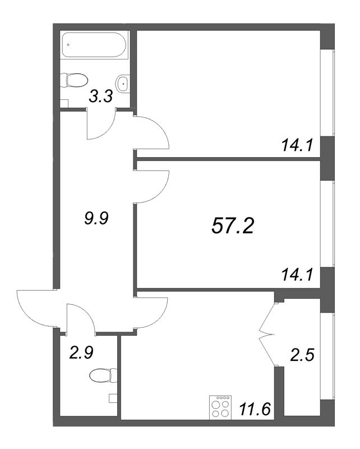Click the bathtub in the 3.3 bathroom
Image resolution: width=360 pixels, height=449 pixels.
[x=94, y=45]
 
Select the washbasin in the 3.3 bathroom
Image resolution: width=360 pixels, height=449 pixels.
[x=123, y=84]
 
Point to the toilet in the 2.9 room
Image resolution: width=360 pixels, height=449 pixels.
[x=103, y=375]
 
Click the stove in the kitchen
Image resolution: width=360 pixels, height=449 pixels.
[x=220, y=407]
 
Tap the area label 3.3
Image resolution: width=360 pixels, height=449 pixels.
[x=101, y=97]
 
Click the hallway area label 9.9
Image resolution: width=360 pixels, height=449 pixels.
[x=96, y=218]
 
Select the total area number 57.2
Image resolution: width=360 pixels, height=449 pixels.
[x=233, y=226]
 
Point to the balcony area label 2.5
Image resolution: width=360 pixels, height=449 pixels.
[x=302, y=355]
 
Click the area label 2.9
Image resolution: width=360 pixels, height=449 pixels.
[x=81, y=352]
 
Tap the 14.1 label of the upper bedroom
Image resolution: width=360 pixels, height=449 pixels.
[x=297, y=145]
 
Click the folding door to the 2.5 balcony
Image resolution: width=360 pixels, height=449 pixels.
[x=267, y=334]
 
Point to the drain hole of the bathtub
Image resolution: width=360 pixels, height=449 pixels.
[x=68, y=45]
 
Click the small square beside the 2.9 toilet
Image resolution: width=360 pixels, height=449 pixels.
[x=113, y=398]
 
